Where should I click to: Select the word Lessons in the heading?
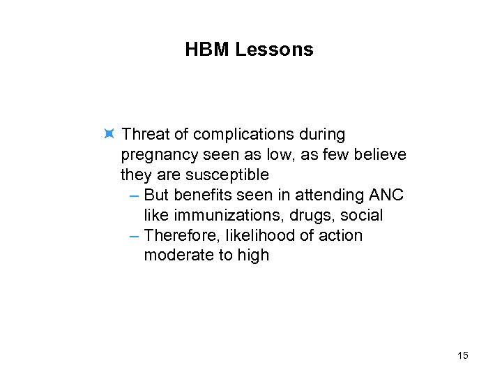[x=275, y=50]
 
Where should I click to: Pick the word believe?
[x=380, y=154]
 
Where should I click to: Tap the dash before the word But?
[x=135, y=194]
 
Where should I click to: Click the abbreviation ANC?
[x=386, y=194]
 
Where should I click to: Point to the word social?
[x=362, y=215]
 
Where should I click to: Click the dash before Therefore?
[x=135, y=235]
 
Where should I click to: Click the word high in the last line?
[x=253, y=256]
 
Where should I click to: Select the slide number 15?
[x=462, y=356]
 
